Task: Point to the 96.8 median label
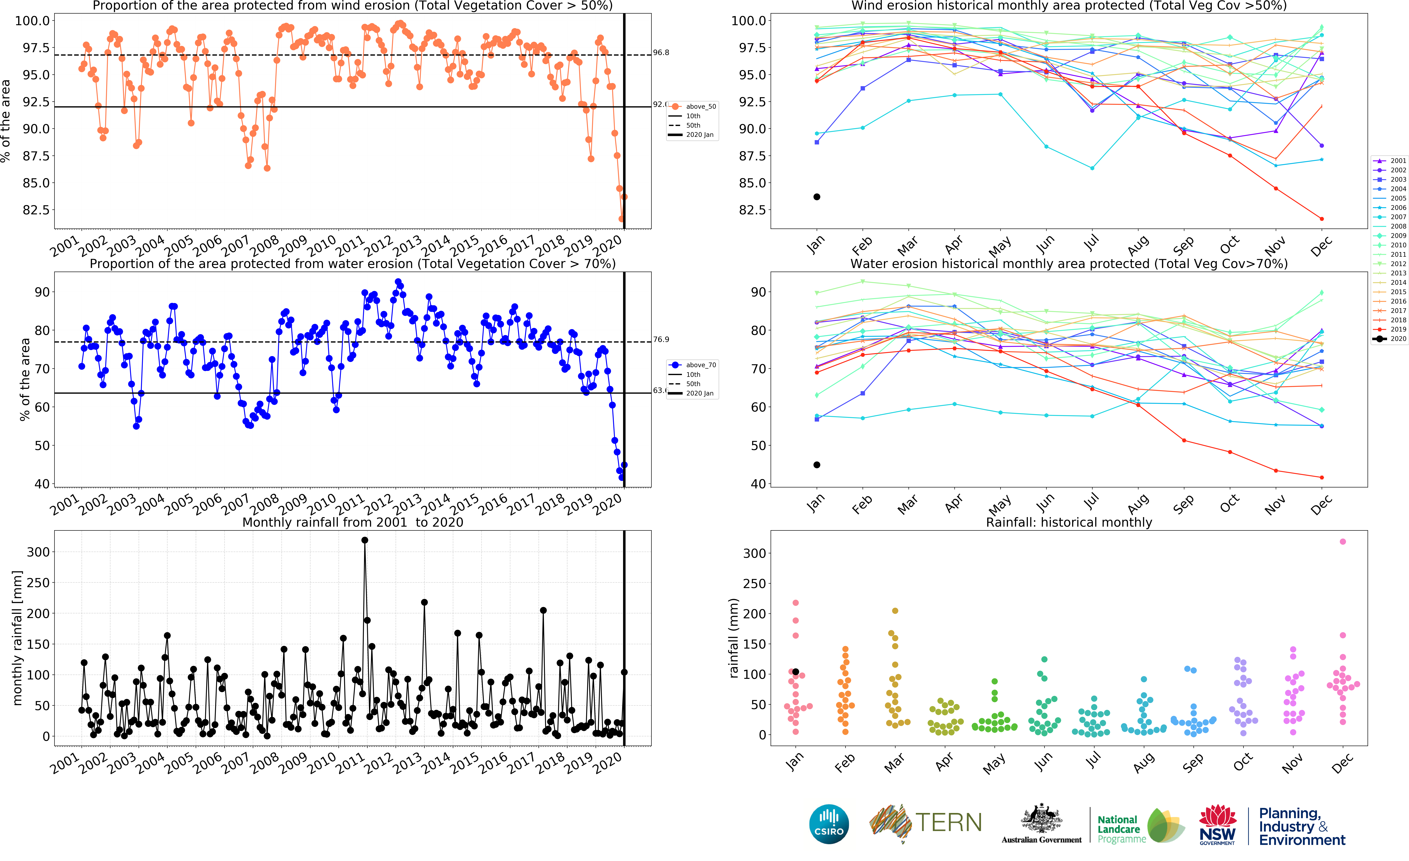[661, 53]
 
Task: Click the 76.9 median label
[661, 340]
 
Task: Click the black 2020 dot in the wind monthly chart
[817, 197]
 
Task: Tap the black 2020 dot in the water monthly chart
[817, 465]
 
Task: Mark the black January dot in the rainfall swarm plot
[795, 672]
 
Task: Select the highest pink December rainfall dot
[1343, 541]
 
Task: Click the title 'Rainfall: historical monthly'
[1069, 522]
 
